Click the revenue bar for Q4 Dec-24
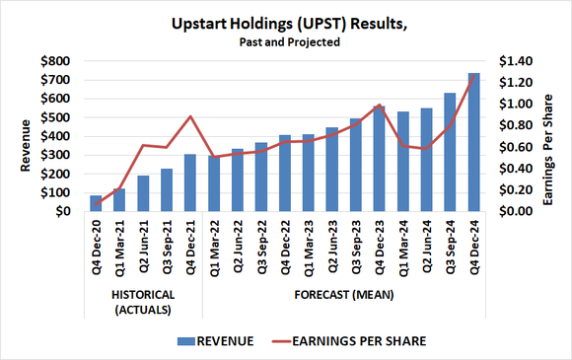(474, 143)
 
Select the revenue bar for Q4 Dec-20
(96, 203)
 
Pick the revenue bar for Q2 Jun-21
(143, 193)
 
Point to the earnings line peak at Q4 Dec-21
(190, 116)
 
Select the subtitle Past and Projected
(286, 42)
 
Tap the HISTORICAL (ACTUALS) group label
(143, 300)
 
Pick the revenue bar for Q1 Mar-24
(403, 162)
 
